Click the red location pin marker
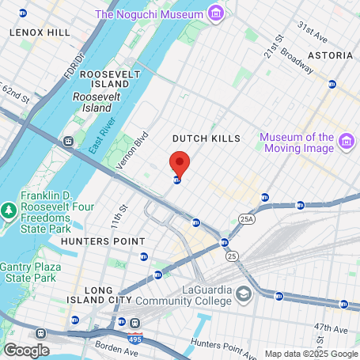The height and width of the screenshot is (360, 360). (x=180, y=164)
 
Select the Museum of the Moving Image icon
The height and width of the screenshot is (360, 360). (x=345, y=142)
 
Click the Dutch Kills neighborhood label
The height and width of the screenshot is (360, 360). (x=207, y=138)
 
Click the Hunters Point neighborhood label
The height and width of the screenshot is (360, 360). (x=103, y=241)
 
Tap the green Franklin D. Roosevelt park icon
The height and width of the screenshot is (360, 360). (x=9, y=210)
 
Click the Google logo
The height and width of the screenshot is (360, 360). (x=25, y=350)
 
